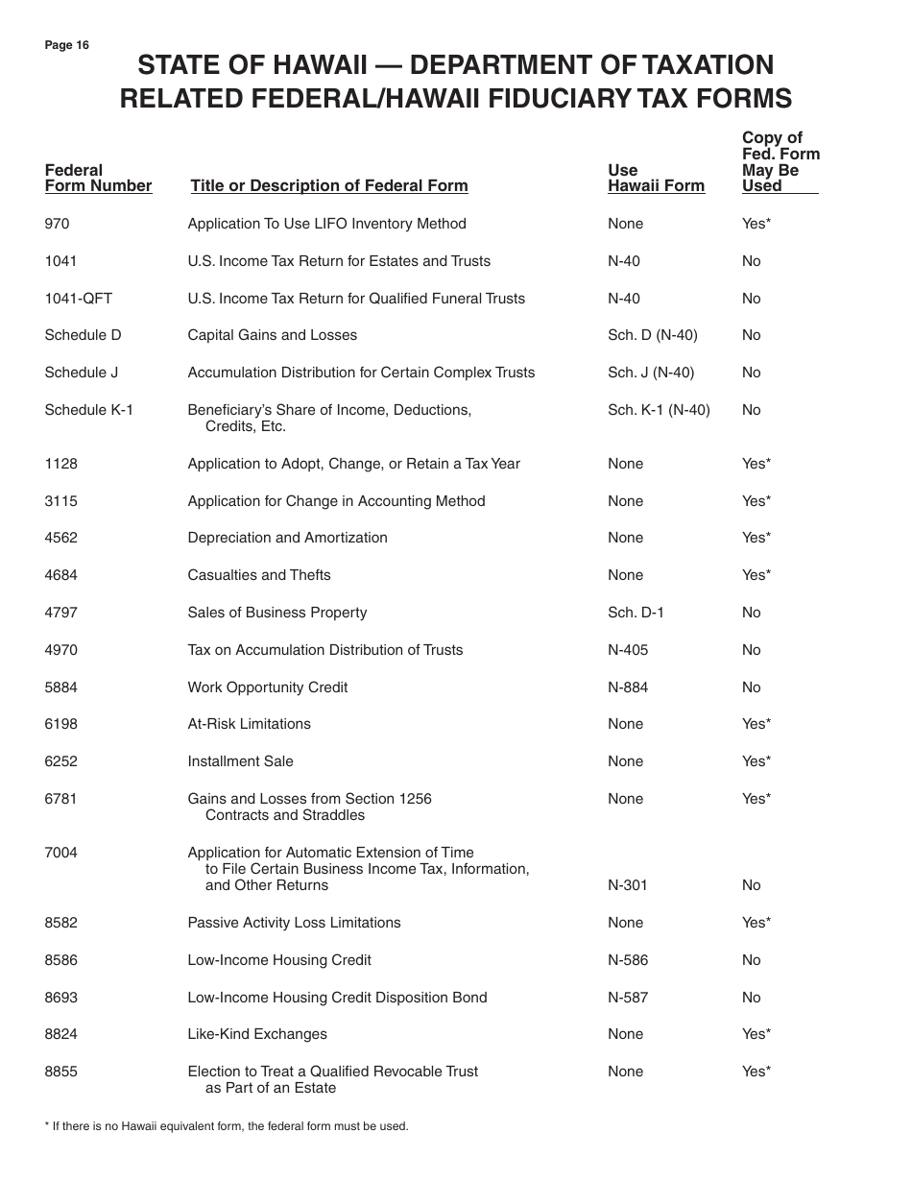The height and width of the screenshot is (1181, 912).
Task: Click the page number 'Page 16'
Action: [x=66, y=45]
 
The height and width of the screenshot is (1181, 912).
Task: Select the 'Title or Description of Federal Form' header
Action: [x=328, y=186]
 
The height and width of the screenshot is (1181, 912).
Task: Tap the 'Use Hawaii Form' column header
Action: [x=656, y=179]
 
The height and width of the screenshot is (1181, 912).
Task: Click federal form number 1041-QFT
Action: [x=78, y=299]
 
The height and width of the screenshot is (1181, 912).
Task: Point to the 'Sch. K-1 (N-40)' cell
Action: [x=659, y=410]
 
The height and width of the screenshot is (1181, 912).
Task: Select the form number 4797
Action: [x=60, y=613]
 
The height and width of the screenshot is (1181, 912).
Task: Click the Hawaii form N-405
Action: [x=628, y=650]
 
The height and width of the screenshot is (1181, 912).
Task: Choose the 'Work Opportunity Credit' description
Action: [x=268, y=687]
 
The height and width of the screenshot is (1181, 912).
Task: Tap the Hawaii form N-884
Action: [x=628, y=687]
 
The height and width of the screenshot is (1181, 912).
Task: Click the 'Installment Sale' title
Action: [x=240, y=761]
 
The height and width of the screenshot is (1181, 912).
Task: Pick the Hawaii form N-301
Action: [x=628, y=885]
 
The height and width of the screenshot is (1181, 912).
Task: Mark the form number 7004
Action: [x=60, y=853]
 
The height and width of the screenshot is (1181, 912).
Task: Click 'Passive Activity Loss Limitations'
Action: [x=294, y=923]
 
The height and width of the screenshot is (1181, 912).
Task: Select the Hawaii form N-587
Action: [x=628, y=998]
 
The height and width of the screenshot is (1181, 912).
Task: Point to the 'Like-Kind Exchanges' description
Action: [x=257, y=1034]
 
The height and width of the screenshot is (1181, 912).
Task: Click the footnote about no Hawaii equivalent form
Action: [x=227, y=1126]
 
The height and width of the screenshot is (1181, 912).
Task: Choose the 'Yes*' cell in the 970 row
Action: [x=756, y=224]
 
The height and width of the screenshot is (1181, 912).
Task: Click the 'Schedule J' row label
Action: [x=82, y=373]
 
